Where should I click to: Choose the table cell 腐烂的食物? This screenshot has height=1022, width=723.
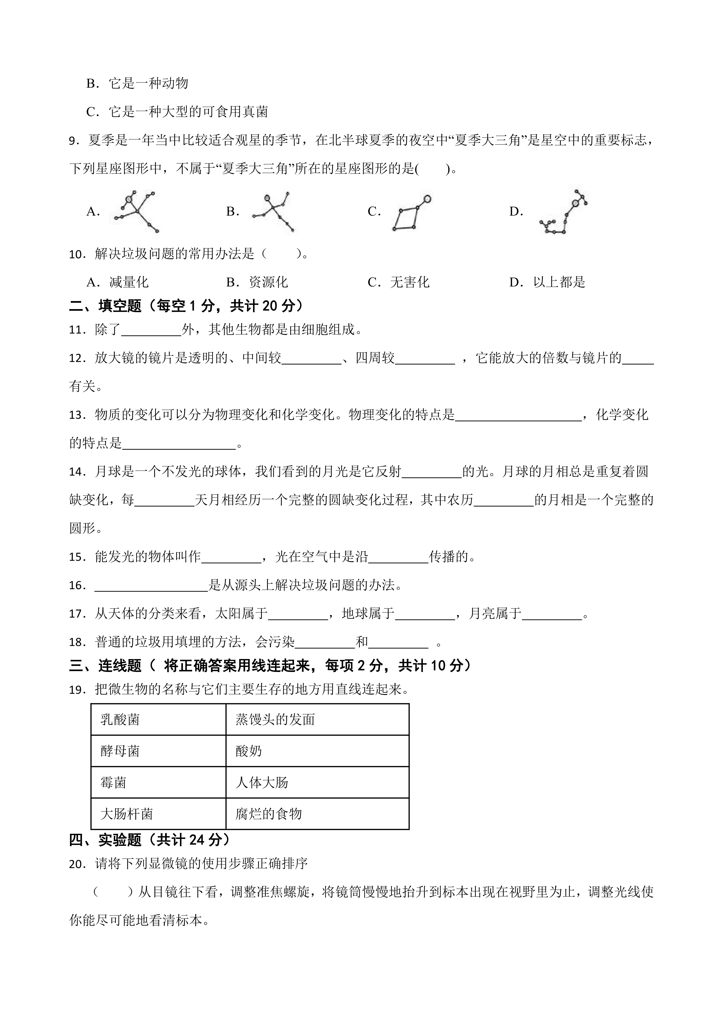coord(317,814)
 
